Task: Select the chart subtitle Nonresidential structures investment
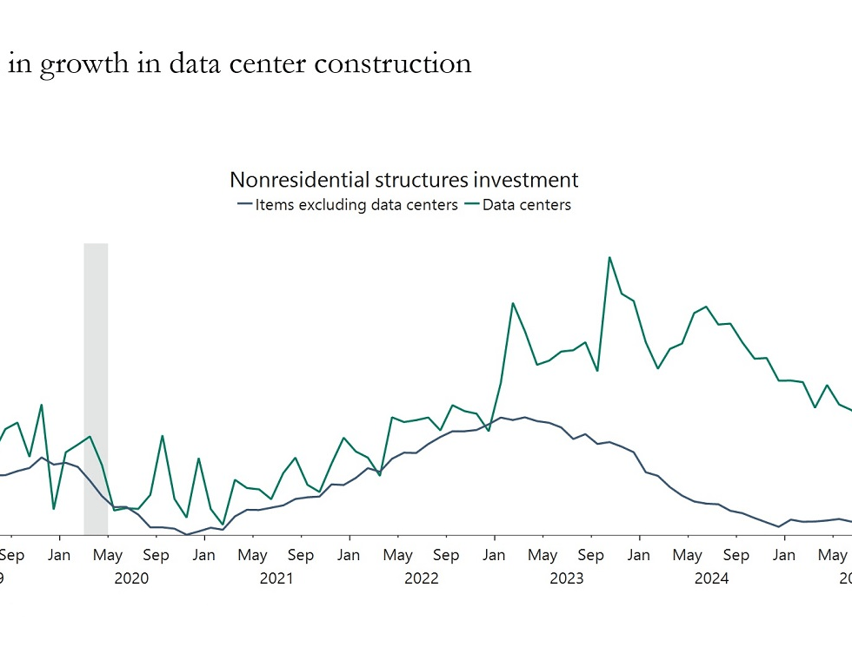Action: coord(403,180)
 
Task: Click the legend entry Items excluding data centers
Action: coord(356,205)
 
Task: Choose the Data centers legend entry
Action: coord(526,205)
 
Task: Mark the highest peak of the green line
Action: coord(609,257)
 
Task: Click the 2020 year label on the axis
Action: coord(131,578)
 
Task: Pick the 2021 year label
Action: coord(276,578)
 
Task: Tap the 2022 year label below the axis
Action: coord(422,578)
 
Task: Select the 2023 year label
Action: coord(567,578)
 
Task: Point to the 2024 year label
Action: coord(711,578)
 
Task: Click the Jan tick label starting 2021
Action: coord(204,555)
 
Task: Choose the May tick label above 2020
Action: coord(108,555)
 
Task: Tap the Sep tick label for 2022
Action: coord(446,555)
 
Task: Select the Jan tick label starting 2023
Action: coord(494,555)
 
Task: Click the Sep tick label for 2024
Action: coord(736,555)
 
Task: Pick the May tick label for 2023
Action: coord(542,555)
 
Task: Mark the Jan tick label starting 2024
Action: coord(639,555)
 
